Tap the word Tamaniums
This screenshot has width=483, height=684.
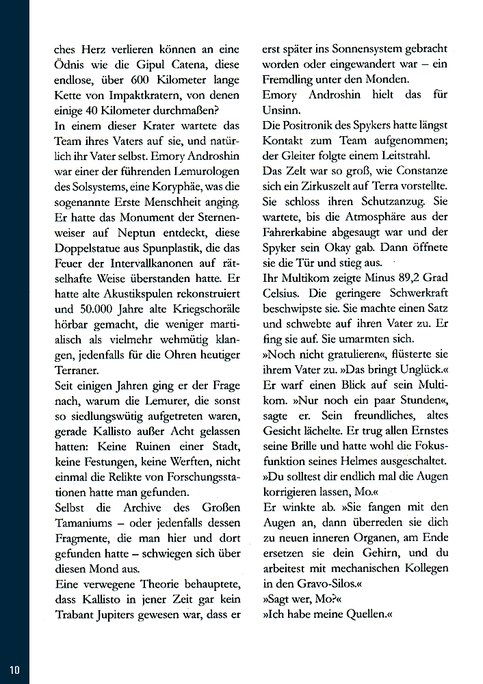point(86,523)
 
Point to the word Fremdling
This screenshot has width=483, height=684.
point(291,79)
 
